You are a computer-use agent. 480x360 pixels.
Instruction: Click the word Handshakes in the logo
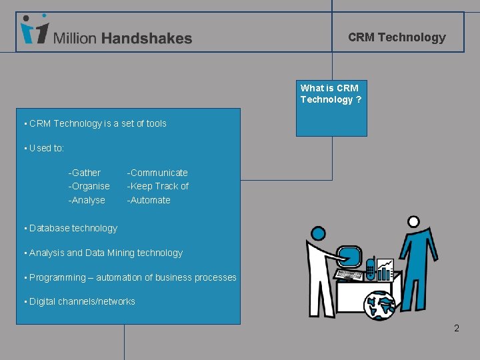tap(147, 39)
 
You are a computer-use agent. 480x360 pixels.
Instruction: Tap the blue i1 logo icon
tap(34, 30)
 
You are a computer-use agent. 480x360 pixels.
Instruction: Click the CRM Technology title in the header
tap(397, 37)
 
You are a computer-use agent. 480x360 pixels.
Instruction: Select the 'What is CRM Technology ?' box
tap(331, 94)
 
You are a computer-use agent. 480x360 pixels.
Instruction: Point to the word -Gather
tap(85, 173)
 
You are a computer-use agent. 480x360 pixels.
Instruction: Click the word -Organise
tap(89, 186)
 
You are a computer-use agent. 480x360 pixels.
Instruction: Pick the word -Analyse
tap(87, 200)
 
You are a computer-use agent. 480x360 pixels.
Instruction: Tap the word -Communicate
tap(157, 173)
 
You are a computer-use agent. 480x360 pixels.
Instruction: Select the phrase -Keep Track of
tap(158, 186)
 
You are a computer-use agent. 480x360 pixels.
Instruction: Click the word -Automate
tap(149, 200)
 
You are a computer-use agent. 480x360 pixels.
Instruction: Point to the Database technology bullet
tap(73, 228)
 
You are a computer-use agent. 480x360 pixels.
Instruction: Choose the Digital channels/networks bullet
tap(82, 301)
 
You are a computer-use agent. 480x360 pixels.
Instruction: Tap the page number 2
tap(457, 328)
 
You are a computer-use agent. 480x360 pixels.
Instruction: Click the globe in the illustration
tap(380, 305)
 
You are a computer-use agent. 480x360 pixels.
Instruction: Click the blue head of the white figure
tap(318, 234)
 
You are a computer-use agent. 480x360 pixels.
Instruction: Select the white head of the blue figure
tap(413, 221)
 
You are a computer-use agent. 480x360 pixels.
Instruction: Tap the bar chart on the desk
tap(385, 269)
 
